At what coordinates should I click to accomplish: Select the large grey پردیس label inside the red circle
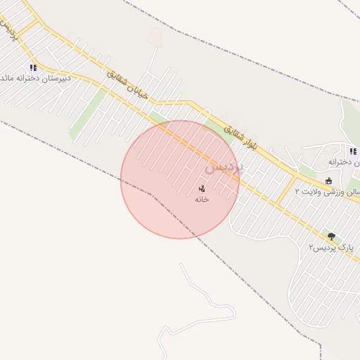pos(224,168)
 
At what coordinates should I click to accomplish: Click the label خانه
pos(202,199)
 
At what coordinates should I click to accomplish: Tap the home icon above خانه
pos(202,188)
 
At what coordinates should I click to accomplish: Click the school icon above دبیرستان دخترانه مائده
pos(32,67)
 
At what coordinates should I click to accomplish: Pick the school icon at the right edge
pos(352,151)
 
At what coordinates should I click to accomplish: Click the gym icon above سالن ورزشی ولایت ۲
pos(328,181)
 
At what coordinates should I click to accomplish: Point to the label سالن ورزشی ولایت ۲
pos(328,191)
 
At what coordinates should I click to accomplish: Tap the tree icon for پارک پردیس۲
pos(331,237)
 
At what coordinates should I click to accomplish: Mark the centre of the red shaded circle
pos(180,179)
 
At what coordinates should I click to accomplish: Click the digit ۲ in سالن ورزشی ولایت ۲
pos(297,191)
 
